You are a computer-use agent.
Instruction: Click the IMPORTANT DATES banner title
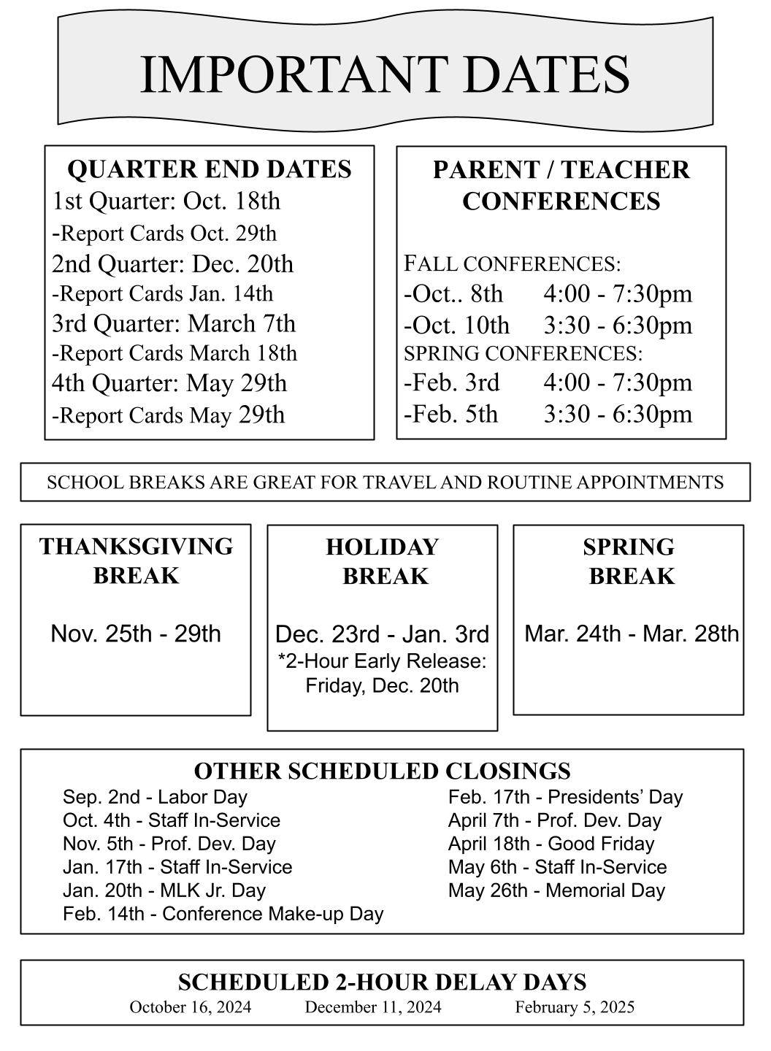pyautogui.click(x=385, y=74)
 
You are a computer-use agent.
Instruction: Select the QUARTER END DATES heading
pyautogui.click(x=209, y=169)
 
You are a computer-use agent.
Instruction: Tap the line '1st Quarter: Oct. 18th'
pyautogui.click(x=166, y=201)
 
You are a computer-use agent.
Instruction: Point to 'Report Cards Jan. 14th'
pyautogui.click(x=162, y=293)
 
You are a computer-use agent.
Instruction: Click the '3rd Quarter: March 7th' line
pyautogui.click(x=174, y=323)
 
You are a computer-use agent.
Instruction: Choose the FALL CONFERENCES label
pyautogui.click(x=512, y=263)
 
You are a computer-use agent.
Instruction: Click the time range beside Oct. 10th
pyautogui.click(x=618, y=325)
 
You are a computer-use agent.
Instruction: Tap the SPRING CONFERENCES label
pyautogui.click(x=523, y=353)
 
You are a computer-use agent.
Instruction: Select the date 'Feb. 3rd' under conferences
pyautogui.click(x=452, y=382)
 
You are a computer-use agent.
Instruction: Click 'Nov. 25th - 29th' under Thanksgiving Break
pyautogui.click(x=136, y=634)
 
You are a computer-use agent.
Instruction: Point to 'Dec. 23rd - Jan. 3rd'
pyautogui.click(x=382, y=634)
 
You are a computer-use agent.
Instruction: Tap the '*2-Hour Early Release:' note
pyautogui.click(x=382, y=661)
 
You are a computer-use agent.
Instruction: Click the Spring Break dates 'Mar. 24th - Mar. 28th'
pyautogui.click(x=632, y=634)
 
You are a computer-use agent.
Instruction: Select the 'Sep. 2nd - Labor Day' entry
pyautogui.click(x=155, y=797)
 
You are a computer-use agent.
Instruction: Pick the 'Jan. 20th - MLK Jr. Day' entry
pyautogui.click(x=164, y=890)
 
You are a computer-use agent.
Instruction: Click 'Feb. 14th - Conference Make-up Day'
pyautogui.click(x=223, y=914)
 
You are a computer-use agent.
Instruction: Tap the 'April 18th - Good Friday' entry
pyautogui.click(x=551, y=844)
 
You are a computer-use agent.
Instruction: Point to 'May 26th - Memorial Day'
pyautogui.click(x=556, y=890)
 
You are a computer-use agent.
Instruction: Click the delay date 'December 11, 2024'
pyautogui.click(x=373, y=1007)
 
